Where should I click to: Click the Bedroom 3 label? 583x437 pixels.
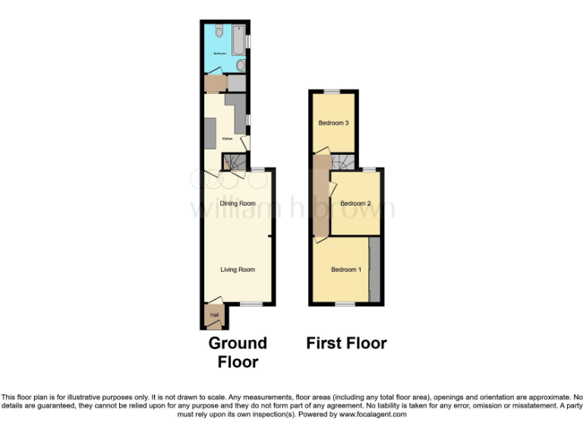[333, 123]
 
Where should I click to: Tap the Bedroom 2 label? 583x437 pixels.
[355, 203]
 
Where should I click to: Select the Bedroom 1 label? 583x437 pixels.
[346, 269]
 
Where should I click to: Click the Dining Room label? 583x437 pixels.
[238, 203]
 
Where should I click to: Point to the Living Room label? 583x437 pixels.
[238, 269]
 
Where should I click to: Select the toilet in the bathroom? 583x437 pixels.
[217, 32]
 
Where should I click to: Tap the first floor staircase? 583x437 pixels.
[345, 162]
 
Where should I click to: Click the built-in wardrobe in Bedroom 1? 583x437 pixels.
[374, 270]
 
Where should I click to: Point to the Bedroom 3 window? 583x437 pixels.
[332, 92]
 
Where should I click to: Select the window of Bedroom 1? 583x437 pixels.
[345, 304]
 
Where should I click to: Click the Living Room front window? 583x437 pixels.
[251, 304]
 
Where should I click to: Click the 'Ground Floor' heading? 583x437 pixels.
[238, 352]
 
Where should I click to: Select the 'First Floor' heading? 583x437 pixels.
[346, 343]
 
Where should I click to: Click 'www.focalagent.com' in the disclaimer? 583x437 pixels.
[372, 414]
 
